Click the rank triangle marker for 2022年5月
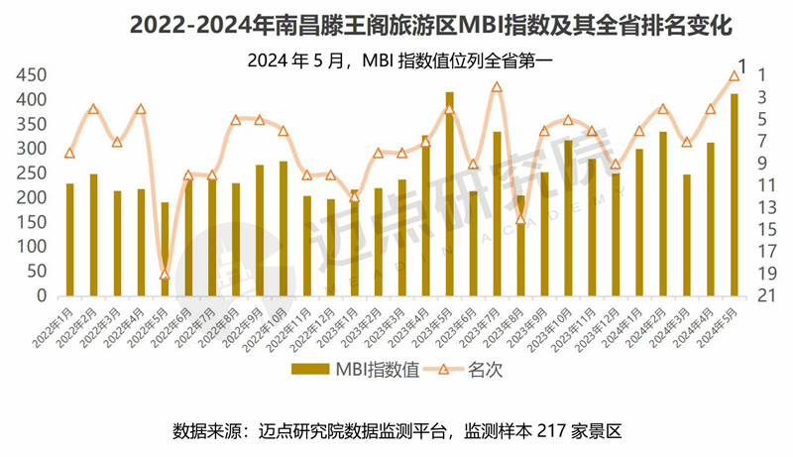[165, 275]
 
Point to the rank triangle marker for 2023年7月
[497, 87]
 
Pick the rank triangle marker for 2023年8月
[520, 218]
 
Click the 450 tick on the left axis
[32, 75]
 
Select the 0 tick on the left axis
[42, 295]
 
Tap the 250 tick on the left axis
[32, 173]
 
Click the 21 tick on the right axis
[764, 295]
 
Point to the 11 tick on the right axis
[764, 185]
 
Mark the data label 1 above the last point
[742, 65]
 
